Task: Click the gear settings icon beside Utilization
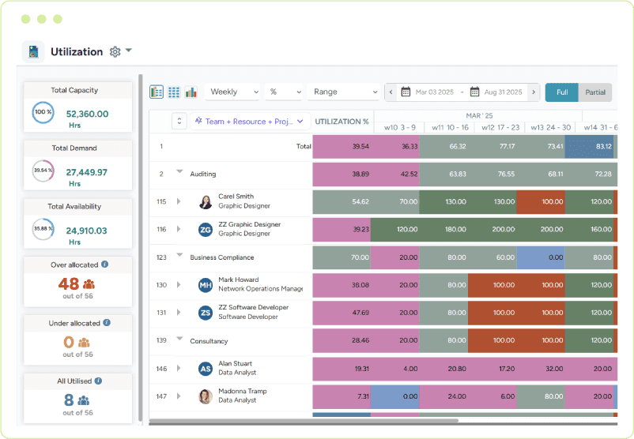pos(115,52)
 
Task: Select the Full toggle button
pos(561,92)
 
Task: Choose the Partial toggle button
pos(595,92)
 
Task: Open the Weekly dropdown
pos(232,92)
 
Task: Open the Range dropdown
pos(344,92)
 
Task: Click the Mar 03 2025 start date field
pos(434,92)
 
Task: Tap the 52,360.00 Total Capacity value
pos(87,114)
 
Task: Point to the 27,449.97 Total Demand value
pos(87,172)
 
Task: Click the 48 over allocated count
pos(69,283)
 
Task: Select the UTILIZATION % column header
pos(342,122)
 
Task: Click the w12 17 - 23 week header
pos(500,127)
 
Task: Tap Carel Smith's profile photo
pos(206,201)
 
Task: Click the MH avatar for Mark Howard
pos(206,285)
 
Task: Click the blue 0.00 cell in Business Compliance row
pos(540,257)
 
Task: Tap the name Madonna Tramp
pos(242,392)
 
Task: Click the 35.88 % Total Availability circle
pos(43,229)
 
